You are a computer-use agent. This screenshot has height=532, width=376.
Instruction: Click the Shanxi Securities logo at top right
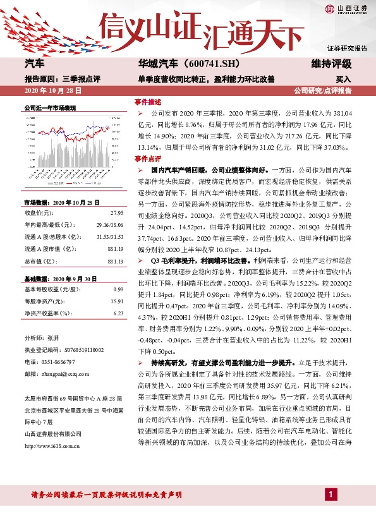346,8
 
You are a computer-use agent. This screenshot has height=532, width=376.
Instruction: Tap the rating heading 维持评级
331,64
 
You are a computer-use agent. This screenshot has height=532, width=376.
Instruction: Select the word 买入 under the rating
343,80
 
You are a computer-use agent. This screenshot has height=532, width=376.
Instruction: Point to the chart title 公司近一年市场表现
49,108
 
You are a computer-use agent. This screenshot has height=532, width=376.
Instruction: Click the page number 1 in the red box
331,511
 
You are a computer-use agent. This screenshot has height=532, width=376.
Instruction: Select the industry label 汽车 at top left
35,64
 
